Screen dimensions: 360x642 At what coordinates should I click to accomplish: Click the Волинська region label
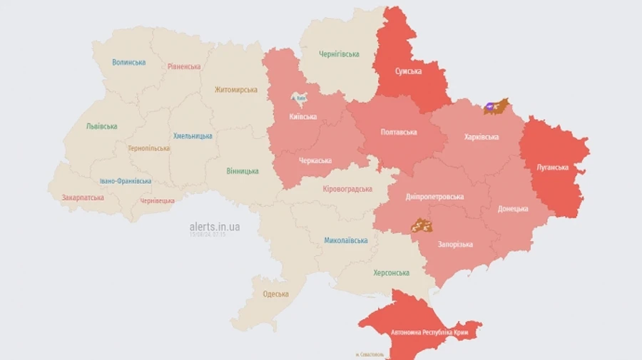(128, 63)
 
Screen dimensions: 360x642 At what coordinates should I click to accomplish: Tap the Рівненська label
(184, 67)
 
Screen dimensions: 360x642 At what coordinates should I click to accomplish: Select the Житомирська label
(236, 91)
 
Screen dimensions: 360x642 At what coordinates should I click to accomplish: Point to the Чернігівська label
(339, 54)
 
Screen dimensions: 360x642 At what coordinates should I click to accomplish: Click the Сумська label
(408, 71)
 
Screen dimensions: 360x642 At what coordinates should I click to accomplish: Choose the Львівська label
(101, 126)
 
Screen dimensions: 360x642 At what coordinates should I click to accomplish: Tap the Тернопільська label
(148, 149)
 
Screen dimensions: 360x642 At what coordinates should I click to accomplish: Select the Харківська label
(481, 137)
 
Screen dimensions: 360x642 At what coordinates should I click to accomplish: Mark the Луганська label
(552, 168)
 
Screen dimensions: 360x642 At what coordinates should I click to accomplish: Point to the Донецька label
(514, 209)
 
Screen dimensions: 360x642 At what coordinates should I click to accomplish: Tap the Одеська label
(275, 294)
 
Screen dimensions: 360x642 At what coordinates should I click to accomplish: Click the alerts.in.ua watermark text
(214, 227)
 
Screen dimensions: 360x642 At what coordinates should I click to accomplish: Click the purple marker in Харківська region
(491, 107)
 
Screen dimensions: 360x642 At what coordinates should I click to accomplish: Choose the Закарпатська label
(83, 197)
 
